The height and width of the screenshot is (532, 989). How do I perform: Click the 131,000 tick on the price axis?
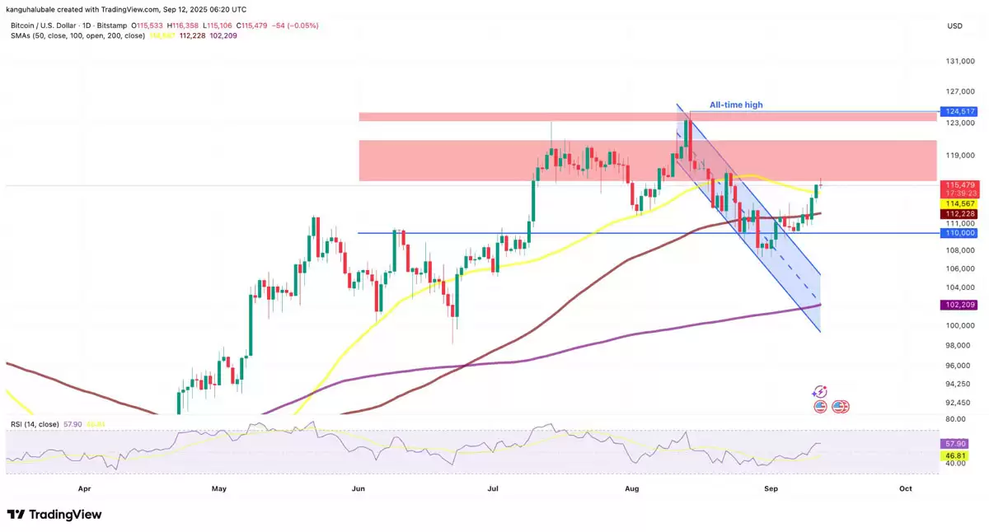tap(956, 62)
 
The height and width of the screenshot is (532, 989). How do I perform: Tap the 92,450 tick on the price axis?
tap(956, 403)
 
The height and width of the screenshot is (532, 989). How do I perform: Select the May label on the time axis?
tap(218, 488)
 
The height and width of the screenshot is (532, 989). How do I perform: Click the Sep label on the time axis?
tap(771, 488)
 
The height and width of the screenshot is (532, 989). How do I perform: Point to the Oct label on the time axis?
tap(905, 488)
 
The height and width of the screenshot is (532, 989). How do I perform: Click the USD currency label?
tap(955, 26)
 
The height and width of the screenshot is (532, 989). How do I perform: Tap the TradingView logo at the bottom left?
tap(54, 515)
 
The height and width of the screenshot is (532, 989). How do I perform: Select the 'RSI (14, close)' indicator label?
tap(35, 424)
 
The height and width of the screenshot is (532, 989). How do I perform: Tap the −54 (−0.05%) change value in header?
tap(296, 26)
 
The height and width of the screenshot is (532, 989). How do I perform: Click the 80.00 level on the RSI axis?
tap(956, 418)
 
